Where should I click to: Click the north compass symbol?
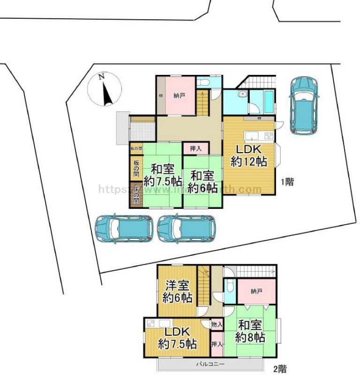pyautogui.click(x=105, y=89)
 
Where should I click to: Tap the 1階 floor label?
pyautogui.click(x=287, y=182)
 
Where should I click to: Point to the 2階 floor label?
pyautogui.click(x=279, y=369)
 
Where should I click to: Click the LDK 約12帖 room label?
pyautogui.click(x=248, y=156)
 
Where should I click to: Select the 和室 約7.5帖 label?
pyautogui.click(x=163, y=175)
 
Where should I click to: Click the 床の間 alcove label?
pyautogui.click(x=135, y=194)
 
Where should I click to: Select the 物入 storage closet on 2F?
pyautogui.click(x=216, y=324)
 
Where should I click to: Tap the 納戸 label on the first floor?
pyautogui.click(x=179, y=96)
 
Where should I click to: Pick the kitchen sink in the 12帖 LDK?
pyautogui.click(x=250, y=136)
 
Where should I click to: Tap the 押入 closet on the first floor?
pyautogui.click(x=196, y=148)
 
